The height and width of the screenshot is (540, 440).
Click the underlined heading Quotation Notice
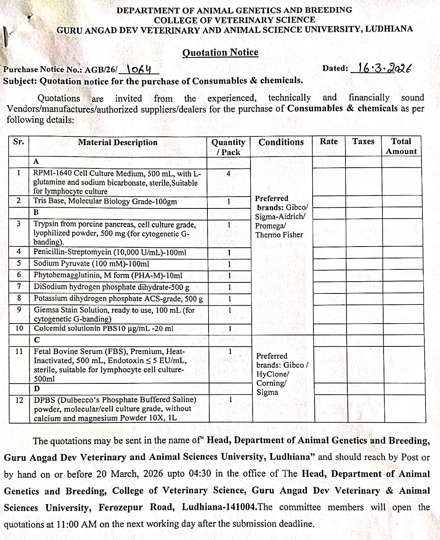tap(220, 53)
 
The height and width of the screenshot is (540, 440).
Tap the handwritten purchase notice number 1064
tap(138, 69)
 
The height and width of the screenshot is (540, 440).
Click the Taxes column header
tap(363, 141)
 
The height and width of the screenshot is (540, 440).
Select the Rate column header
tap(329, 141)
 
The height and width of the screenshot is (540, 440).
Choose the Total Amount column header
tap(401, 146)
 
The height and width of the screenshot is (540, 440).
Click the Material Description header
tap(117, 143)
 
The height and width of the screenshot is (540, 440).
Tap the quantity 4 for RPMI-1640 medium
tap(228, 174)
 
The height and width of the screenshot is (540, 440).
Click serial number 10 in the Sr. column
tap(19, 328)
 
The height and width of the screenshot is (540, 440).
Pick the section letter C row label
tap(37, 340)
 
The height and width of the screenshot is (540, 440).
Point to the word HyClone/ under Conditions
tap(273, 374)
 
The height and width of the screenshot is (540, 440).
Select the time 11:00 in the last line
tap(68, 524)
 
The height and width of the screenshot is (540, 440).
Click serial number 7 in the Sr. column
tap(19, 287)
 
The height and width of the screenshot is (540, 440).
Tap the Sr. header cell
tap(18, 142)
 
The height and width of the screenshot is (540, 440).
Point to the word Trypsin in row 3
tap(46, 224)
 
